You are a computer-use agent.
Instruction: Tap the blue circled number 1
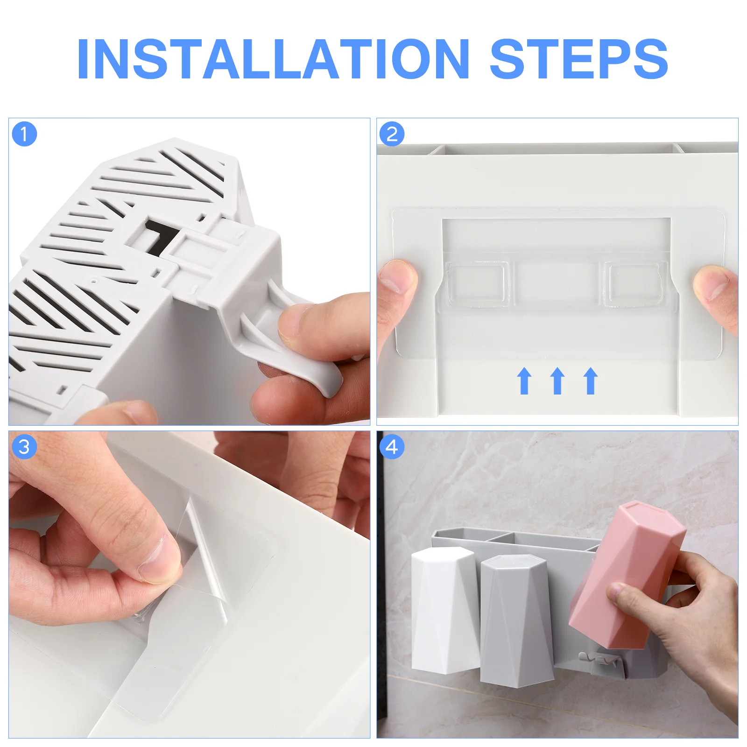coord(24,134)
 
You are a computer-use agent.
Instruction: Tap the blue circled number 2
coord(392,134)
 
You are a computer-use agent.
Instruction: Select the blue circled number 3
coord(24,447)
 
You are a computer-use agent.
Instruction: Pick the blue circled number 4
coord(392,447)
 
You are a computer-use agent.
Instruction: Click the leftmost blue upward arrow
coord(524,381)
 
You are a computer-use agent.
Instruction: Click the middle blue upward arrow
coord(557,381)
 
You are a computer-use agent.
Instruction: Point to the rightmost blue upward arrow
coord(591,381)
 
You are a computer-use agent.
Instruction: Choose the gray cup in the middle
coord(516,621)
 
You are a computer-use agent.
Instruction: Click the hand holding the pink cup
coord(677,616)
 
